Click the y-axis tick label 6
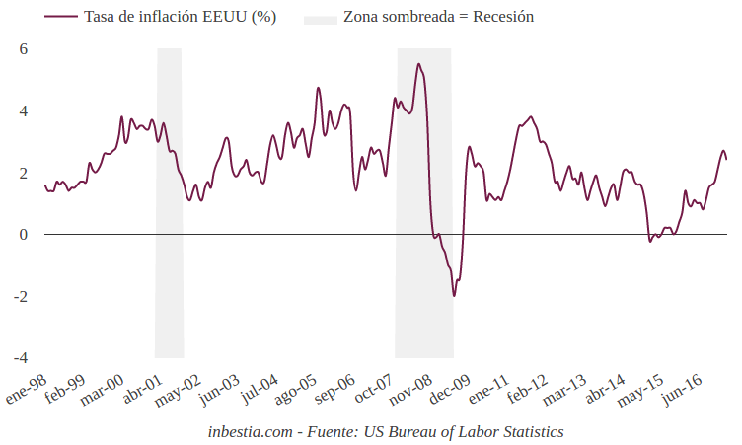pos(24,49)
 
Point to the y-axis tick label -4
pos(21,357)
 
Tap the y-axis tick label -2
pos(21,296)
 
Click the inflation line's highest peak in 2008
pos(419,65)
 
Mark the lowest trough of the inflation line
pos(454,295)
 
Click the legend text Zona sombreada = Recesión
pos(438,18)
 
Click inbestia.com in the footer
pos(251,432)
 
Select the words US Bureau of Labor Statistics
pos(463,432)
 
